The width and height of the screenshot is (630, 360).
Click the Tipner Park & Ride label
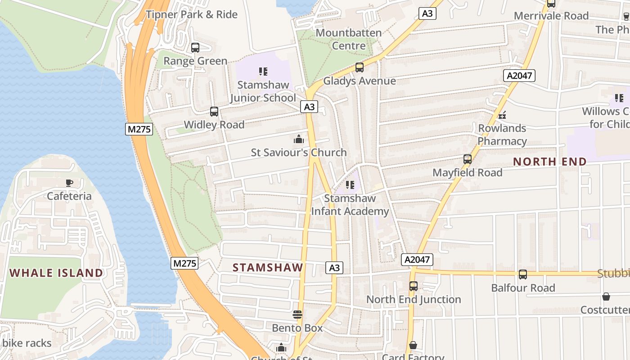(x=192, y=14)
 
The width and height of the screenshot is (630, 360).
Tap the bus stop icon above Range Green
(x=195, y=47)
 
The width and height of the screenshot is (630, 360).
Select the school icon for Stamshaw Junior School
(x=263, y=71)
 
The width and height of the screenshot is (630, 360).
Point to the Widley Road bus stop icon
(x=214, y=111)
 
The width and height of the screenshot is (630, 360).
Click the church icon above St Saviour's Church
(x=298, y=139)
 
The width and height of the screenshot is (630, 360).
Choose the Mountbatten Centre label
(x=349, y=39)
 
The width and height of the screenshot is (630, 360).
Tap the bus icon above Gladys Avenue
(x=359, y=67)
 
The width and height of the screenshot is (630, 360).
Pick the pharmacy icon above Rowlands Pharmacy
(x=502, y=115)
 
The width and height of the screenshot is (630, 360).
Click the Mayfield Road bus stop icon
(x=468, y=159)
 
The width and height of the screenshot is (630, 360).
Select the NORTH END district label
(x=550, y=162)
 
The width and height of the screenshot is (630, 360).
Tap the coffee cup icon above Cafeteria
(x=69, y=183)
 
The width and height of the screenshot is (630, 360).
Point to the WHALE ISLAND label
(x=57, y=273)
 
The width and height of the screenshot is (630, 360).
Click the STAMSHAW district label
(x=268, y=267)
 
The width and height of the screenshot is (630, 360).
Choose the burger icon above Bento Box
(x=297, y=314)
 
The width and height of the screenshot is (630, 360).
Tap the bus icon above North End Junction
(x=413, y=286)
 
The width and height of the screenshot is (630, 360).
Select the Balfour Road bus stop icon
(x=523, y=274)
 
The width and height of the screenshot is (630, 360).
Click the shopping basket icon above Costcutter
(x=606, y=297)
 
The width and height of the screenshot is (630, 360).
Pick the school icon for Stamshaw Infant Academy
(x=350, y=184)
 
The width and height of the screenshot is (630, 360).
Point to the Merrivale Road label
(x=551, y=16)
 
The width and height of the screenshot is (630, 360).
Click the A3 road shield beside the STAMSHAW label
(x=334, y=268)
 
